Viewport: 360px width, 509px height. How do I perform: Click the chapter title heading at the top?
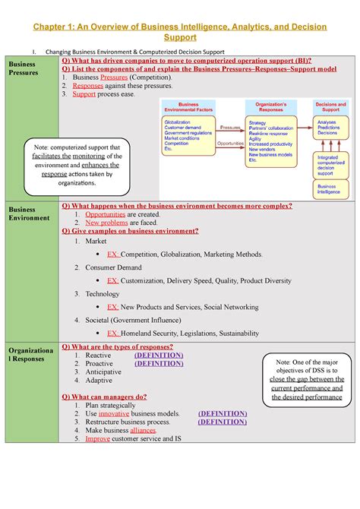[x=180, y=32]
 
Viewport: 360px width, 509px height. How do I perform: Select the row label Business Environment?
[x=28, y=213]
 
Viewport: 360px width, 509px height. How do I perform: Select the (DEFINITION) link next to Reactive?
[x=158, y=355]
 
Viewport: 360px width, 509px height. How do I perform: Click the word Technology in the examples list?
[x=103, y=293]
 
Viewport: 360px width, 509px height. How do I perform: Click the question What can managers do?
[x=104, y=397]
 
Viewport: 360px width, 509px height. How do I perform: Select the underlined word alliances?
[x=144, y=430]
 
